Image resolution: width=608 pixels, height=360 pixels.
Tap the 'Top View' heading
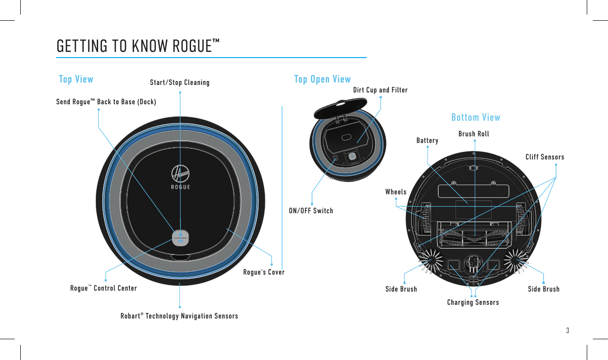click(x=76, y=79)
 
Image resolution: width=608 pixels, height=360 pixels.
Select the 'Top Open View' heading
click(x=322, y=79)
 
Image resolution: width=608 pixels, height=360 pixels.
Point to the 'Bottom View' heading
click(x=475, y=117)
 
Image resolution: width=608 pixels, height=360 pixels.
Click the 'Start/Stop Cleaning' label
click(x=179, y=83)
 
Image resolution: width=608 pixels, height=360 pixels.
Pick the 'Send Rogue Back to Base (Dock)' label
click(x=106, y=101)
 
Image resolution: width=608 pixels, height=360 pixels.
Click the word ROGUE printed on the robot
click(x=180, y=187)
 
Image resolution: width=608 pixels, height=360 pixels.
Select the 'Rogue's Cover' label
click(x=264, y=272)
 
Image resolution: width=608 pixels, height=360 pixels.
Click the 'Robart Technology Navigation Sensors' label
click(x=179, y=316)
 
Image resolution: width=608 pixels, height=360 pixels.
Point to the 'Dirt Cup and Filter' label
click(x=380, y=90)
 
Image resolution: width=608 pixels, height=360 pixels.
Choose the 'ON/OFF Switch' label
click(x=311, y=211)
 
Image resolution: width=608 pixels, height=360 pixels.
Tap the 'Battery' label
click(x=427, y=141)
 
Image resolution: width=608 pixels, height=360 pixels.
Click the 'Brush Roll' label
click(x=474, y=134)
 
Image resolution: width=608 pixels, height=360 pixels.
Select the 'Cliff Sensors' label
click(x=545, y=157)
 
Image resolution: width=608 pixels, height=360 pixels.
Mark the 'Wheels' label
click(x=396, y=192)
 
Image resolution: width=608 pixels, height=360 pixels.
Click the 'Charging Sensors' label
click(x=473, y=302)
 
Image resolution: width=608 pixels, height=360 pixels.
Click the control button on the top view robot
click(x=180, y=237)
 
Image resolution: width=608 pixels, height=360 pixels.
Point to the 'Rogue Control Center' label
click(x=103, y=288)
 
